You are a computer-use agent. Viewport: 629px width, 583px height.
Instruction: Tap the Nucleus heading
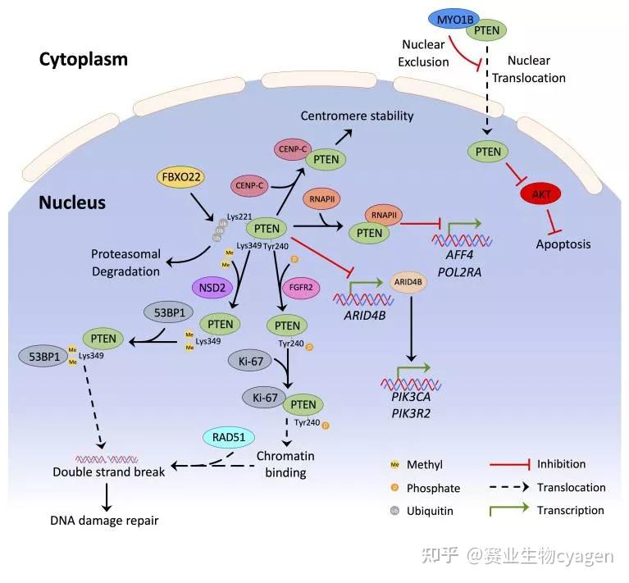[72, 202]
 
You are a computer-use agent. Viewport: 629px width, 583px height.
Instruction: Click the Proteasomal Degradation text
[127, 262]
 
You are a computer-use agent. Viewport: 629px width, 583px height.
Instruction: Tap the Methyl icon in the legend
[395, 464]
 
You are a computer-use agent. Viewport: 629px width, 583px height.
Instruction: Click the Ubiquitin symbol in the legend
[395, 510]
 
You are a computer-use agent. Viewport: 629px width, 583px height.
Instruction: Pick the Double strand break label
[109, 471]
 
